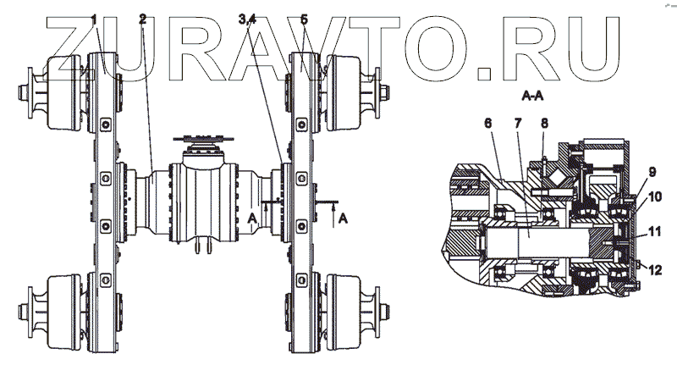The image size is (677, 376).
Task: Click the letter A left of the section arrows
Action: point(252,218)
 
